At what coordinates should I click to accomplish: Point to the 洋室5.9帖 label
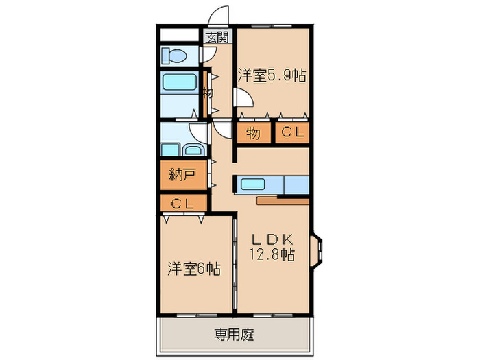(x=272, y=76)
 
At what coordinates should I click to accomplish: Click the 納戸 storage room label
(x=182, y=175)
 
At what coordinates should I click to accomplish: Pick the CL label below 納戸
(x=181, y=204)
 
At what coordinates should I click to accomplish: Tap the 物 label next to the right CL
(x=252, y=134)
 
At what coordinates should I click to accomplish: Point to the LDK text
(x=272, y=239)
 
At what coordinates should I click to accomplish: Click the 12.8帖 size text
(x=272, y=255)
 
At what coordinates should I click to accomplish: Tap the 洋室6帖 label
(x=194, y=269)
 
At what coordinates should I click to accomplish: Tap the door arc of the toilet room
(x=210, y=56)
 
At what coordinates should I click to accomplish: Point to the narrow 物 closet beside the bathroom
(x=205, y=92)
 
